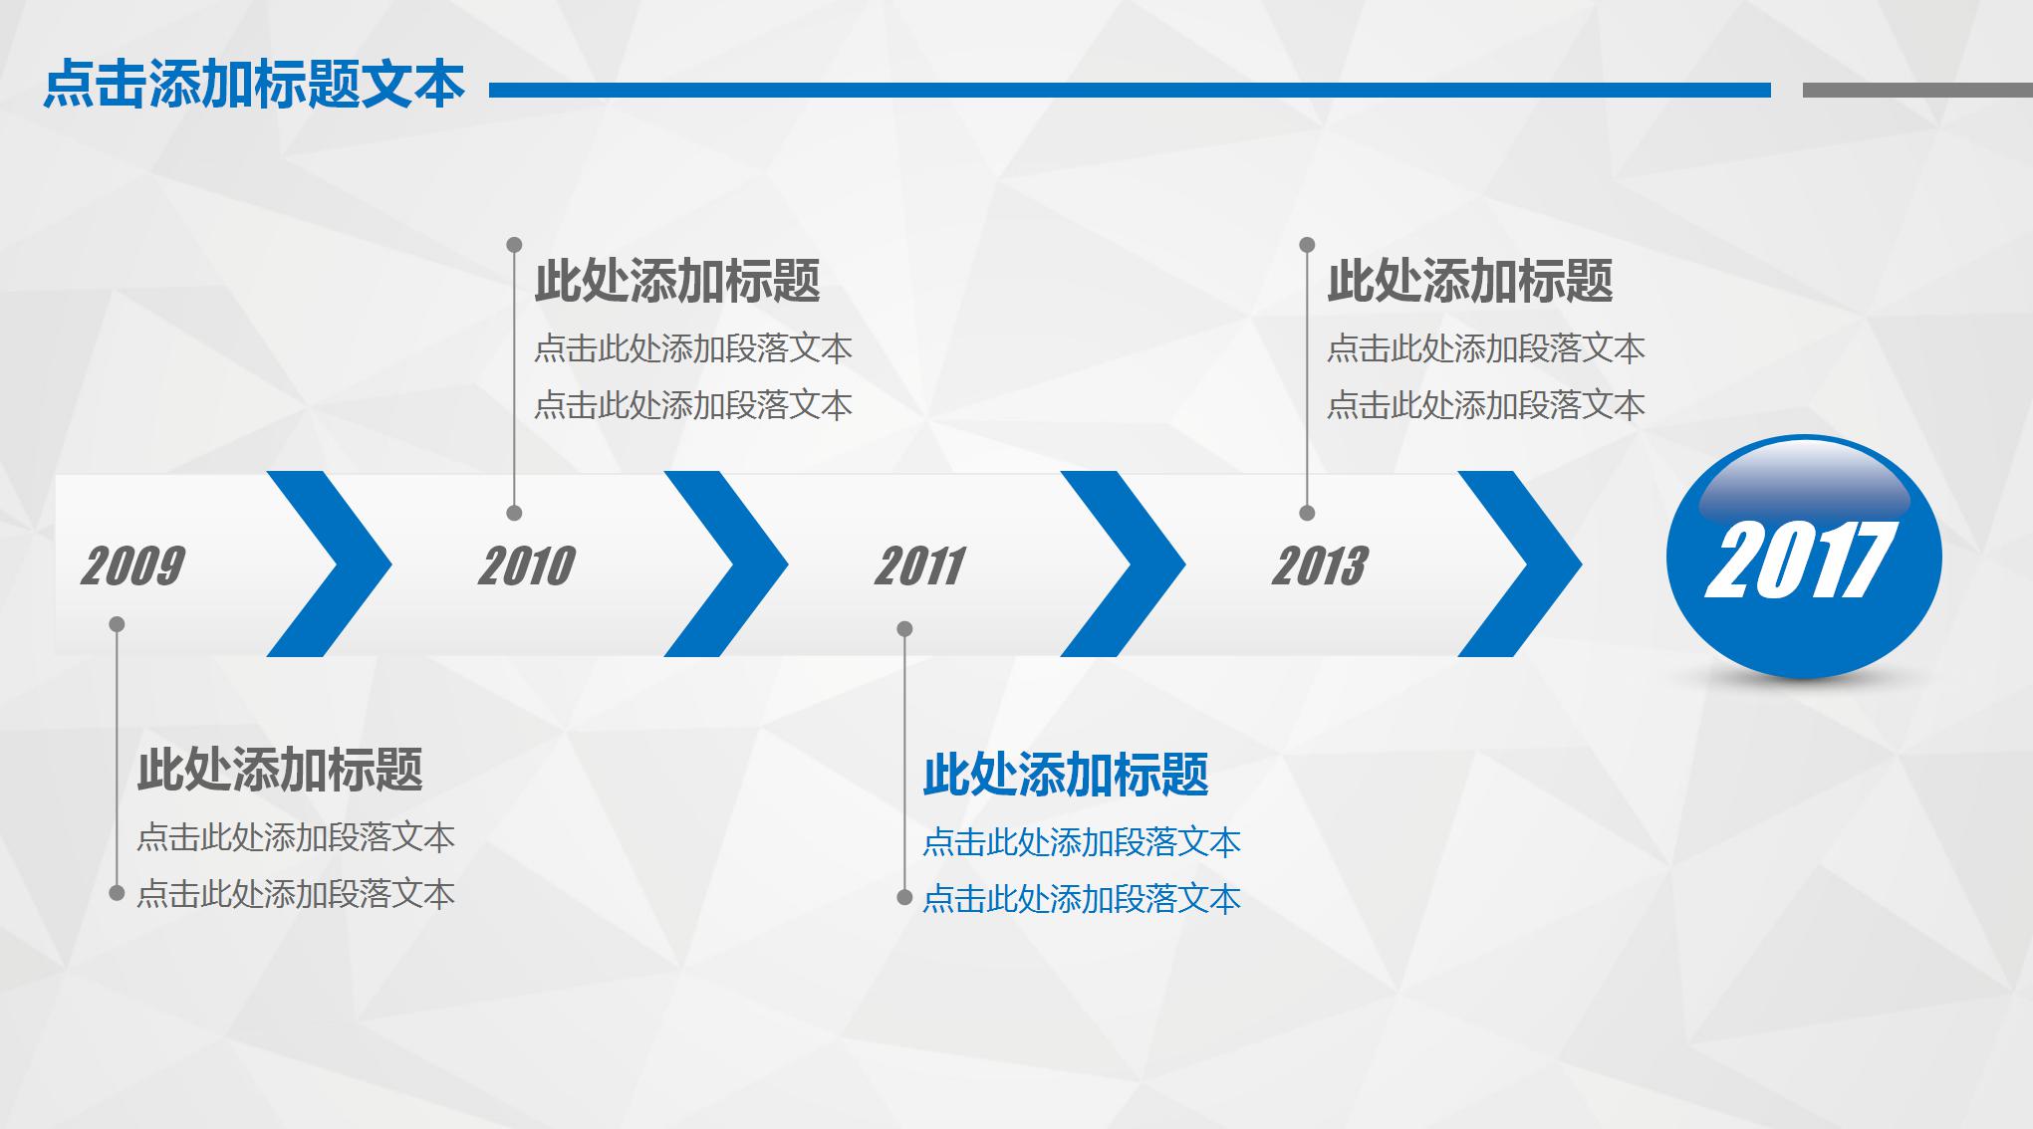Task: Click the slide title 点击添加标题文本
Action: point(254,85)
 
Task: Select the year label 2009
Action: point(132,565)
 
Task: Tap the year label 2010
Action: point(527,565)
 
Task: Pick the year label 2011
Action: point(919,565)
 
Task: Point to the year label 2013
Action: point(1320,565)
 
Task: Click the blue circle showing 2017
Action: point(1803,558)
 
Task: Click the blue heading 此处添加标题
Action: point(1065,775)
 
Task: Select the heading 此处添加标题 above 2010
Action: point(676,281)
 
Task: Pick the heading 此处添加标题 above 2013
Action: point(1469,281)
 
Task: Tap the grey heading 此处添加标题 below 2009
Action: point(280,770)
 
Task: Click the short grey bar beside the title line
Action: point(1916,91)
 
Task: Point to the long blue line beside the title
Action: point(1130,91)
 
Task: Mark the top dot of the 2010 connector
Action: point(514,245)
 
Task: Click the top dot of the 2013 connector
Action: point(1307,245)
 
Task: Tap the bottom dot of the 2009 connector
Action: point(117,893)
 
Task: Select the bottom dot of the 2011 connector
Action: point(904,898)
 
